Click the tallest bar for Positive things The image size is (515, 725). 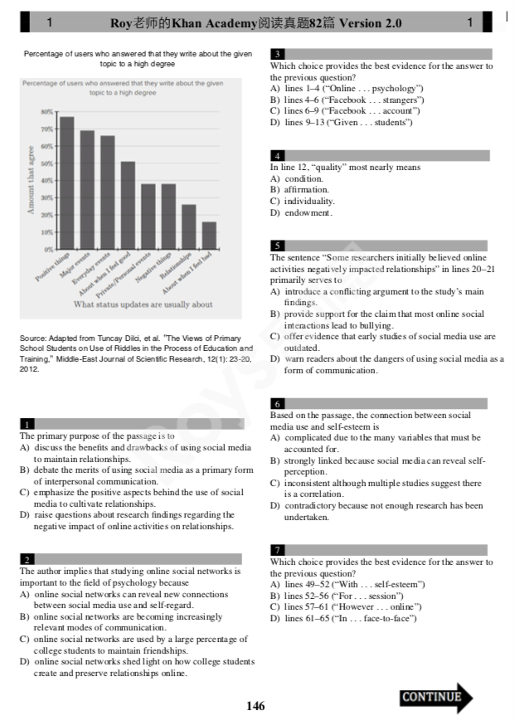click(66, 182)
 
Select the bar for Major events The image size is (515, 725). click(87, 190)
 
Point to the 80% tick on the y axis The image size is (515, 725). click(48, 111)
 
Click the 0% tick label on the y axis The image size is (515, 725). click(49, 250)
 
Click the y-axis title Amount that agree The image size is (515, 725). click(32, 180)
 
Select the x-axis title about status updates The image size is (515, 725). click(143, 304)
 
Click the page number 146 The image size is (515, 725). click(255, 706)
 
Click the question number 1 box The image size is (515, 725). click(28, 424)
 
